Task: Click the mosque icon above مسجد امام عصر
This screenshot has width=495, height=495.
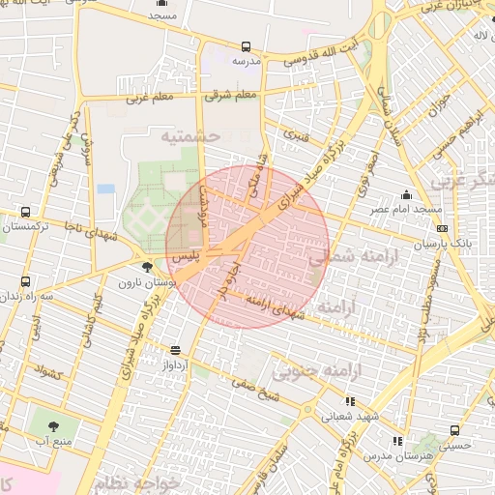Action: [407, 194]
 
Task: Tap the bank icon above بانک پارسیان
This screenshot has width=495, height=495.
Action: [443, 229]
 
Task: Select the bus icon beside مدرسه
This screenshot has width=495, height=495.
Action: [246, 46]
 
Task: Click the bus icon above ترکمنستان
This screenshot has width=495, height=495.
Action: [25, 212]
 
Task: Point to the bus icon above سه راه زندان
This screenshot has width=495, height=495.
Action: [25, 281]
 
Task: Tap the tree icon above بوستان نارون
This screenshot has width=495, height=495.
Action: [146, 268]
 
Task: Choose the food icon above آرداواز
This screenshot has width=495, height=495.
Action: [175, 350]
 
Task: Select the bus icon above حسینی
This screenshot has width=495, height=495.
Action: [454, 430]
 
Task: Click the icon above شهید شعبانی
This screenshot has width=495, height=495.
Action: [350, 400]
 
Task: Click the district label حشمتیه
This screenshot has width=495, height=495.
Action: [191, 135]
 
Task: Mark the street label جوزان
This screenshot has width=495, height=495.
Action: [441, 102]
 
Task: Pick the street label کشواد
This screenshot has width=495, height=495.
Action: [47, 369]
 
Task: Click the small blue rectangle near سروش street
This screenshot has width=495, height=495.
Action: [105, 189]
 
